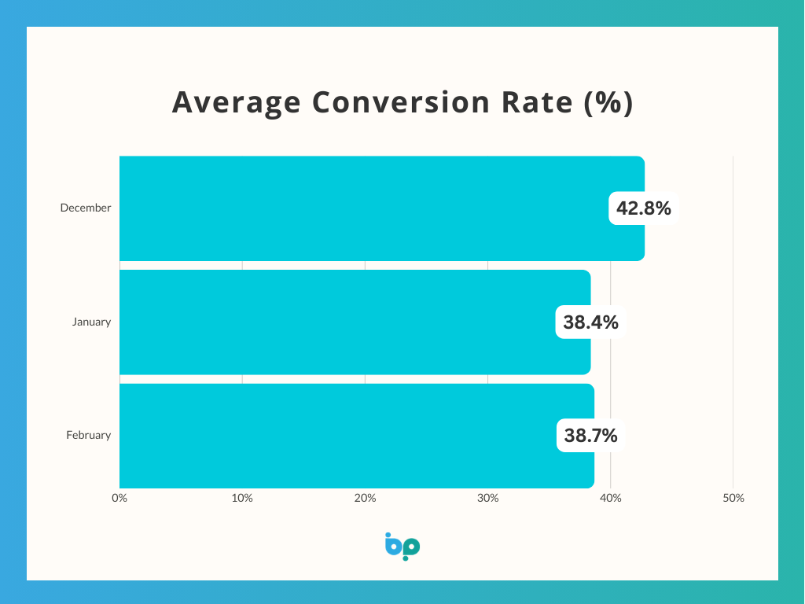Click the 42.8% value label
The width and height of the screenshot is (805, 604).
[x=644, y=208]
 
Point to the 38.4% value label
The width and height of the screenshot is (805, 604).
[x=590, y=322]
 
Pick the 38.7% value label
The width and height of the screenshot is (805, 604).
[x=591, y=435]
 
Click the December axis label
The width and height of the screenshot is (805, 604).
[x=86, y=208]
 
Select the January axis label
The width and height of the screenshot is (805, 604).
[x=91, y=322]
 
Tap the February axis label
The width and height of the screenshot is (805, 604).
[x=89, y=435]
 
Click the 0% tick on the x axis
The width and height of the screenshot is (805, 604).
[x=119, y=498]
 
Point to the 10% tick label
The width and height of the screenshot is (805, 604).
[x=242, y=498]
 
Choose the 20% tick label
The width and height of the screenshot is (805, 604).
[x=365, y=498]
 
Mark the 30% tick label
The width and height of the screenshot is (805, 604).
[x=487, y=498]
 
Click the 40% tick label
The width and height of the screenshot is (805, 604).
[x=610, y=498]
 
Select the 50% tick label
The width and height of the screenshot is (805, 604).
[x=733, y=498]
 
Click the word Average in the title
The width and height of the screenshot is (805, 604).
[x=236, y=103]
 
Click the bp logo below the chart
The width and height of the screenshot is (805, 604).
[x=402, y=546]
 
